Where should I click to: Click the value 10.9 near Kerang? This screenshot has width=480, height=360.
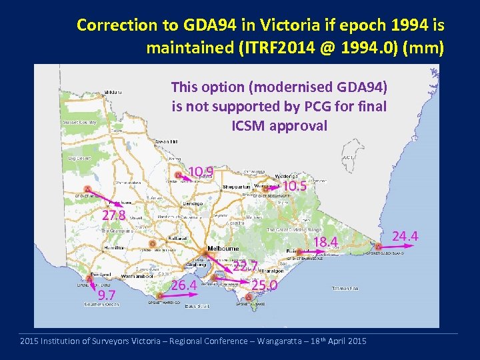(x=201, y=173)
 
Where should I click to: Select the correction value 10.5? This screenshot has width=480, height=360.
(x=294, y=186)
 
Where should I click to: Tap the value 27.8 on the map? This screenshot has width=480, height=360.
(x=114, y=215)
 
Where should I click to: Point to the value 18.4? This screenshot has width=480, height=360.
(x=326, y=241)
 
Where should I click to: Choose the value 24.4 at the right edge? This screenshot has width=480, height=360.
(x=405, y=236)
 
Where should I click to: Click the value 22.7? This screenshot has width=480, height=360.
(x=245, y=267)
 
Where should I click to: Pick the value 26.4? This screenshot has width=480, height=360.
(x=184, y=285)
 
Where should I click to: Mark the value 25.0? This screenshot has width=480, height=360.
(x=264, y=285)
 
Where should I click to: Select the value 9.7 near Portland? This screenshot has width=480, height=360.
(x=107, y=295)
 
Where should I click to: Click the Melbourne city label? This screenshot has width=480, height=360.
(x=224, y=248)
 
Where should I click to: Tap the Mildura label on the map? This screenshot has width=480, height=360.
(x=112, y=92)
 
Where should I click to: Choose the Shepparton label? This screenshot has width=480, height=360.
(x=237, y=187)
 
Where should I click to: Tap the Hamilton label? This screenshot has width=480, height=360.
(x=113, y=247)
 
